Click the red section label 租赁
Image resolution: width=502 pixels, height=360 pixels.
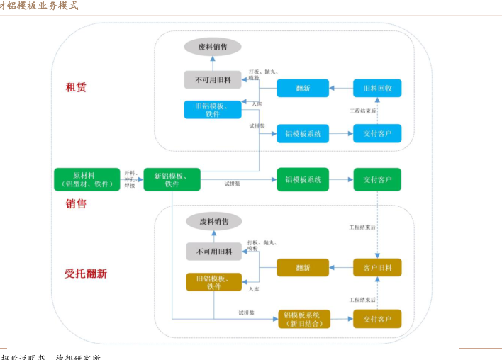coord(76,87)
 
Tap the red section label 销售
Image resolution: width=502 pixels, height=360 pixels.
coord(76,203)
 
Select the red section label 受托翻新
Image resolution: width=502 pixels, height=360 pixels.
coord(86,273)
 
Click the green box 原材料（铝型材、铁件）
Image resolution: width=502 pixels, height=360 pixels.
coord(87,179)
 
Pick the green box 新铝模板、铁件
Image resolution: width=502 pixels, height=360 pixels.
coord(172,179)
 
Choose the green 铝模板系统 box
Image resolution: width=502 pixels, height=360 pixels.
coord(303,179)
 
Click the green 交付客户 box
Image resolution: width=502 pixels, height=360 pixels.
coord(377,179)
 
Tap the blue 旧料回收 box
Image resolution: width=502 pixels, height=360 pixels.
coord(377,88)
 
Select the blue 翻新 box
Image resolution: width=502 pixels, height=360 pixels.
coord(303,88)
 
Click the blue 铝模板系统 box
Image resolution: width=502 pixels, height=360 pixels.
coord(303,133)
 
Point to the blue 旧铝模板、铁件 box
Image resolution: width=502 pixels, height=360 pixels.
coord(213,109)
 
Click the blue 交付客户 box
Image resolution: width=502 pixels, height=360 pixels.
coord(377,133)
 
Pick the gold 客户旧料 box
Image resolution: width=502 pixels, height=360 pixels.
coord(377,267)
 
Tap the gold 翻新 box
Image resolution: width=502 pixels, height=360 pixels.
coord(303,267)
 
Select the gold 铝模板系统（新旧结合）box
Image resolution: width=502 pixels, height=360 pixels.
coord(303,319)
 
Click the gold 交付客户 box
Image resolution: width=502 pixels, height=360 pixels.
coord(377,319)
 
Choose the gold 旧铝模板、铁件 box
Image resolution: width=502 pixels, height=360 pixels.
coord(213,282)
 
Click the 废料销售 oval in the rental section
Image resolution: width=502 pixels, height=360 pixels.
coord(213,47)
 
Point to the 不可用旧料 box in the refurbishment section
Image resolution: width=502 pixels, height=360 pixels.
coord(214,251)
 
